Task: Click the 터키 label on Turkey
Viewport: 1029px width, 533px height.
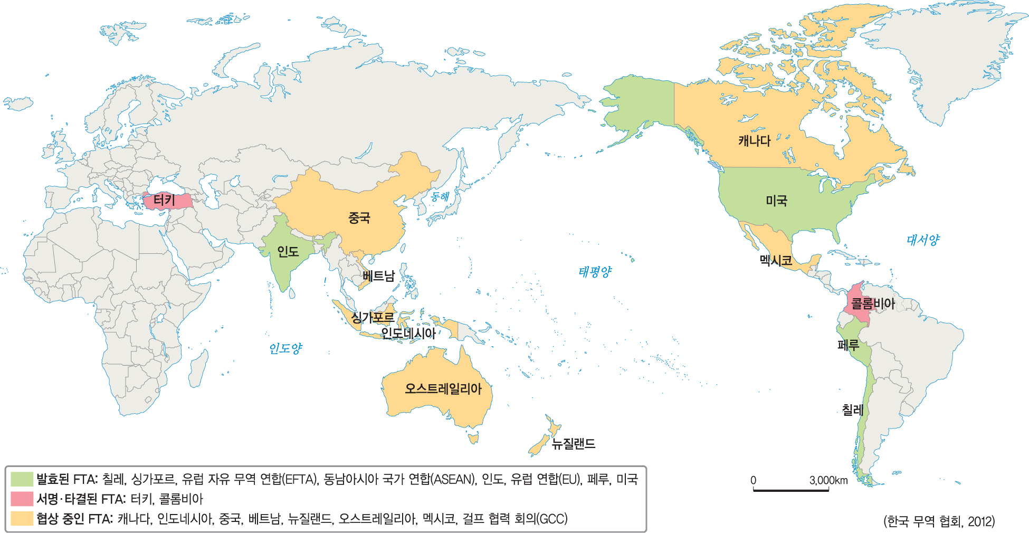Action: click(164, 200)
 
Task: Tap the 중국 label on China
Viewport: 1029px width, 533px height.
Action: click(359, 217)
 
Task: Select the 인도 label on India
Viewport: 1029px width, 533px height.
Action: click(288, 252)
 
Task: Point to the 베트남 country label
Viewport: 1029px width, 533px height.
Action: click(378, 276)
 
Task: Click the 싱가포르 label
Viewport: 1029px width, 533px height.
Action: click(373, 317)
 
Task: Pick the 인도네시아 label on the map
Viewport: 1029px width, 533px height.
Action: click(408, 334)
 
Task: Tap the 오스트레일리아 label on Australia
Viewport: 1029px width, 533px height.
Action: click(443, 389)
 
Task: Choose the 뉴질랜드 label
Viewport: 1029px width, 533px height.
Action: click(574, 444)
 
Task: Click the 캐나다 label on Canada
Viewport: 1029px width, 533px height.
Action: click(754, 141)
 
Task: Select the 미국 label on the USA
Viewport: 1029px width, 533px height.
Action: click(776, 201)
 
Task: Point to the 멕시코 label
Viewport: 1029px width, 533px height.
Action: click(776, 260)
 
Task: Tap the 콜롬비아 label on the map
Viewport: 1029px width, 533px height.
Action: click(873, 303)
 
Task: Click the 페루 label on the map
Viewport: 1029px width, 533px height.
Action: click(849, 345)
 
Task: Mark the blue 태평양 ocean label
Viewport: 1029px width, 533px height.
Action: click(595, 272)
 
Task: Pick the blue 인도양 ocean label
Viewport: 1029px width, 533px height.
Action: click(285, 348)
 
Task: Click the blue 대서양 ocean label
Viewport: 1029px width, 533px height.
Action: click(923, 240)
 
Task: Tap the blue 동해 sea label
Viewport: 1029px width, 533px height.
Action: click(440, 197)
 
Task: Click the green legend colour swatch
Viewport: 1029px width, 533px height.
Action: click(22, 479)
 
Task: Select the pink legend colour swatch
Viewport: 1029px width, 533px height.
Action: click(22, 499)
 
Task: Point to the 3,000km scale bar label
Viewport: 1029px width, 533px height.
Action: click(828, 480)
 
